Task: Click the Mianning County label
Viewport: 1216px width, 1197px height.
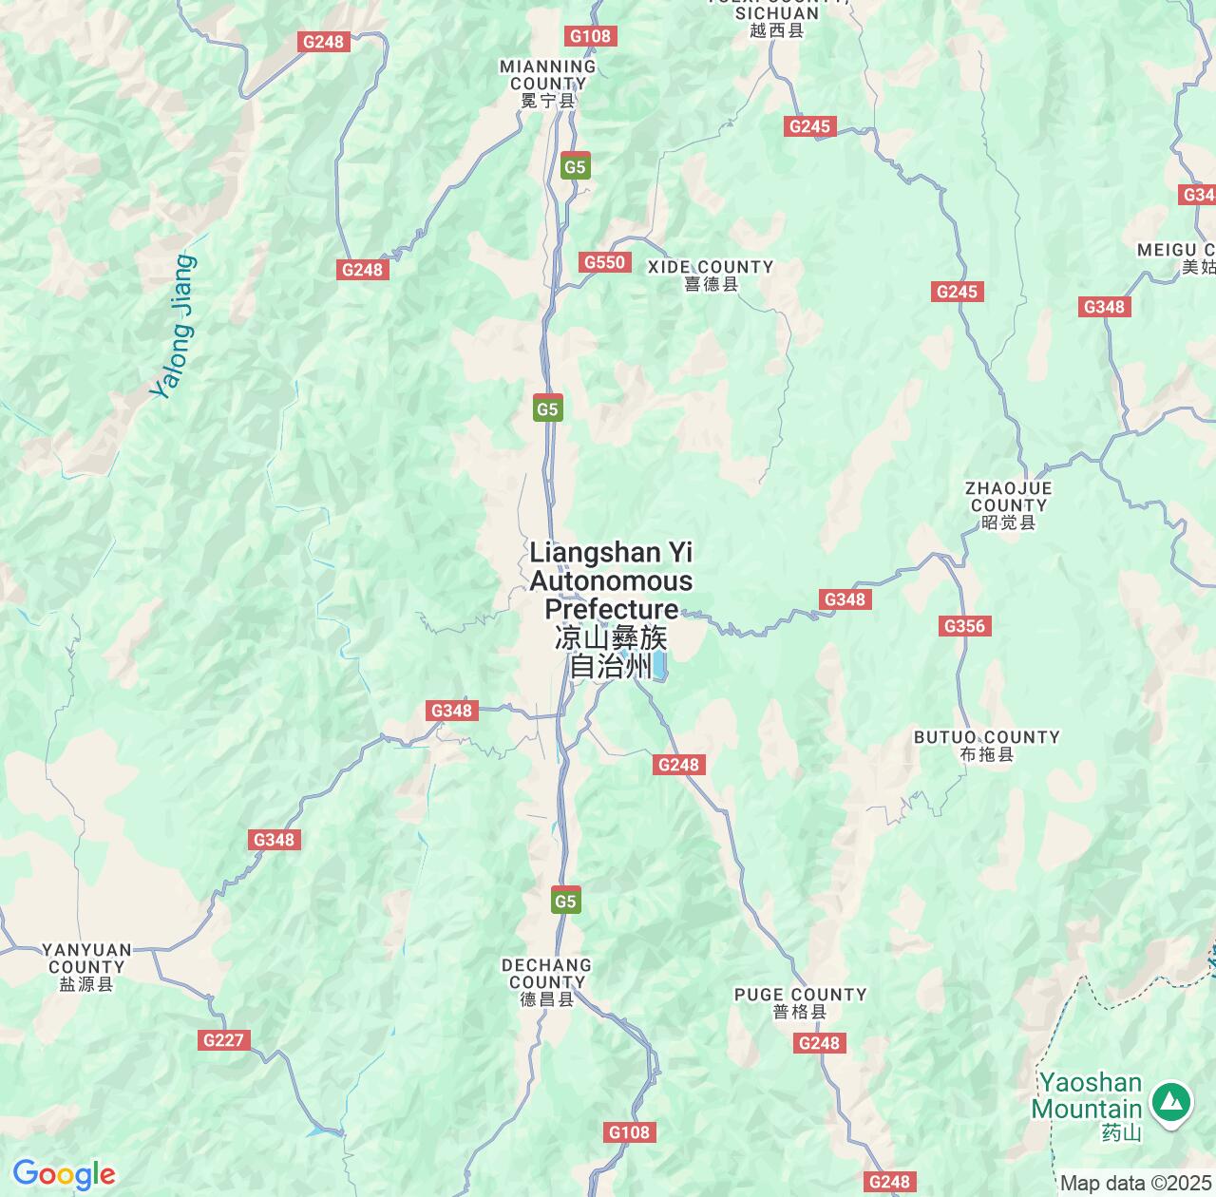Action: click(548, 83)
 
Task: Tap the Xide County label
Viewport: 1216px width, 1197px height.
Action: click(711, 275)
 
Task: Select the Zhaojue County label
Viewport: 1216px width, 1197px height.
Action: click(1008, 504)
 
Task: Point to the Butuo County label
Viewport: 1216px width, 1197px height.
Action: click(986, 745)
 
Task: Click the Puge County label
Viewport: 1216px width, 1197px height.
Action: click(800, 1002)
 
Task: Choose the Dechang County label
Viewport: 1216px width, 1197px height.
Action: click(546, 981)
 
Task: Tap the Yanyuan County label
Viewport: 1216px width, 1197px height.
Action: click(86, 966)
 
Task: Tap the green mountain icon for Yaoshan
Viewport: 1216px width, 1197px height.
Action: click(1172, 1103)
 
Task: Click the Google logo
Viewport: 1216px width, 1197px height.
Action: click(63, 1174)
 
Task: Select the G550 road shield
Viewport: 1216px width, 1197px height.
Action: click(604, 262)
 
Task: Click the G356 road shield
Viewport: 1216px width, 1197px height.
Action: click(964, 626)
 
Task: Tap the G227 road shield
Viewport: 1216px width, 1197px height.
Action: click(224, 1040)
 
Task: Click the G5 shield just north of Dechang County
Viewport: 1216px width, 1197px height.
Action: click(565, 902)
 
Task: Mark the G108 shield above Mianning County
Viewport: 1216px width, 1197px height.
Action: click(591, 36)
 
